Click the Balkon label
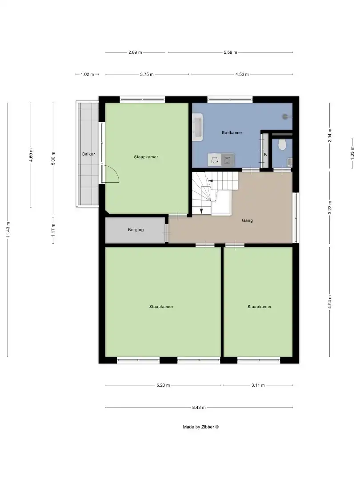(x=89, y=154)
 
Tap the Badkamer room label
(x=232, y=132)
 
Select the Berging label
(x=136, y=230)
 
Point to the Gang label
(x=247, y=220)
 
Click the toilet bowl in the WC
(x=281, y=145)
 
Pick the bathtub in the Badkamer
(x=198, y=127)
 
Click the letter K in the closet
(x=265, y=154)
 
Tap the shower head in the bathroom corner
(x=286, y=116)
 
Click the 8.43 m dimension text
(x=199, y=407)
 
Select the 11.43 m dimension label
(x=8, y=230)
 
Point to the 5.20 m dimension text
(x=163, y=385)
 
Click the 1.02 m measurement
(x=87, y=74)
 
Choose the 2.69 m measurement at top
(x=135, y=52)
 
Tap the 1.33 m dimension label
(x=352, y=152)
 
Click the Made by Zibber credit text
(x=201, y=427)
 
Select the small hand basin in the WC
(x=290, y=162)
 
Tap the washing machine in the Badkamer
(x=228, y=159)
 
